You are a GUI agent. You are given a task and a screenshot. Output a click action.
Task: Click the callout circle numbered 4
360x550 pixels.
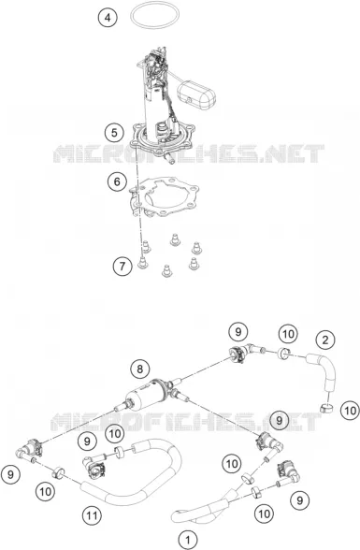tap(108, 17)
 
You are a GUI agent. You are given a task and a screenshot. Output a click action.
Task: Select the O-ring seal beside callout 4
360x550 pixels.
tap(154, 4)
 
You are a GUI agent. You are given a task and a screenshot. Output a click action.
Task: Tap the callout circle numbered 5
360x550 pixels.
tap(114, 133)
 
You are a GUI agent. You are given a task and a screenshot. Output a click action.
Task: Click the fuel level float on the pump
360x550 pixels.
tap(196, 94)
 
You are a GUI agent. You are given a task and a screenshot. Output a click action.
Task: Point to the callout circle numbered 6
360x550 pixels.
tap(117, 181)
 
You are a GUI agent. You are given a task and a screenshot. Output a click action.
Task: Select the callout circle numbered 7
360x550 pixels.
tap(122, 267)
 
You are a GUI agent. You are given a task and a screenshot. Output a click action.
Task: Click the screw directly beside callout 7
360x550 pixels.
tap(142, 262)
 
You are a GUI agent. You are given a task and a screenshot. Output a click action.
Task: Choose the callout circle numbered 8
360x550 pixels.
tap(140, 369)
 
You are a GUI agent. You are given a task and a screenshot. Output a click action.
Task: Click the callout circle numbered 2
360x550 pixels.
tap(325, 340)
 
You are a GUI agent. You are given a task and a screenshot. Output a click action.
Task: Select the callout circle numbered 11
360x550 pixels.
tap(92, 515)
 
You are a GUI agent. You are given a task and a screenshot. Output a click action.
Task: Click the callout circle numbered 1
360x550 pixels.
tap(188, 540)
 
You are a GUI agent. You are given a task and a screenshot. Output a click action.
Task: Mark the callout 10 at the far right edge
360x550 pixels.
tap(350, 411)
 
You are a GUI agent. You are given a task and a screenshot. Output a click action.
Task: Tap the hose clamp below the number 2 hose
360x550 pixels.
tap(327, 408)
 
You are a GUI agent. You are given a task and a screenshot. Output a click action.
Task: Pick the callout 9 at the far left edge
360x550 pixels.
tap(10, 474)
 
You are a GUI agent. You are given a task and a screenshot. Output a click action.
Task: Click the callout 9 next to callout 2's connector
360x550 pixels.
tap(238, 332)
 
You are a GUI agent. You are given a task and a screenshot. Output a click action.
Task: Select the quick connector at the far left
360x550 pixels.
tap(30, 448)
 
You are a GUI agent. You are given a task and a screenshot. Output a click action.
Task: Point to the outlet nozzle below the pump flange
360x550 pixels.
tap(169, 157)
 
